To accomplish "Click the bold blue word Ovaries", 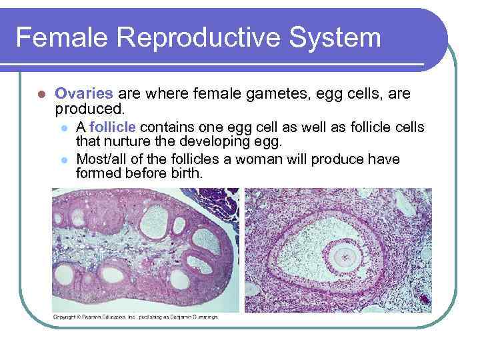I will click(83, 95).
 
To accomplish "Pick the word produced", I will click(86, 108).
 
